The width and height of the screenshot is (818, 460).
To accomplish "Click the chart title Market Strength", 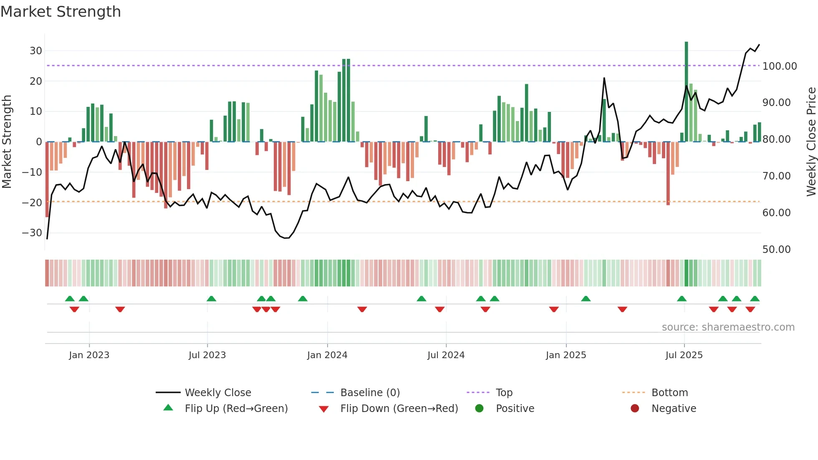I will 61,12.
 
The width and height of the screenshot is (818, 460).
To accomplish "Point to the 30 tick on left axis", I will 36,51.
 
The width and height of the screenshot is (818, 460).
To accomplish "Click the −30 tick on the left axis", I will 32,233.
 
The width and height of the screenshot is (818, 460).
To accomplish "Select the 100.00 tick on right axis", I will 779,66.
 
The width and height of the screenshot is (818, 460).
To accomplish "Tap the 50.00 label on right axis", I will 776,250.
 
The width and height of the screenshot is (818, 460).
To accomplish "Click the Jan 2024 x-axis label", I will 327,355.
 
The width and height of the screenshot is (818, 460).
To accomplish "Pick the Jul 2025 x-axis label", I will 684,355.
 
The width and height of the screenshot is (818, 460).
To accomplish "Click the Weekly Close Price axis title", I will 811,142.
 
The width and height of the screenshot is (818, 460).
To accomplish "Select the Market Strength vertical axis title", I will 7,142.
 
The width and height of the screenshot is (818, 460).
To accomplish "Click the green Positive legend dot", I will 479,409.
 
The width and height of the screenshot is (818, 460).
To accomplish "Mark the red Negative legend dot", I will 635,409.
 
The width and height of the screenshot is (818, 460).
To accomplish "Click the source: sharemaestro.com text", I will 728,327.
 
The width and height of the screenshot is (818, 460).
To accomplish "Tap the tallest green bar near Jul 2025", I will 687,92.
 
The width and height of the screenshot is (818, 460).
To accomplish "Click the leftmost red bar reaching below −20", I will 47,179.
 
